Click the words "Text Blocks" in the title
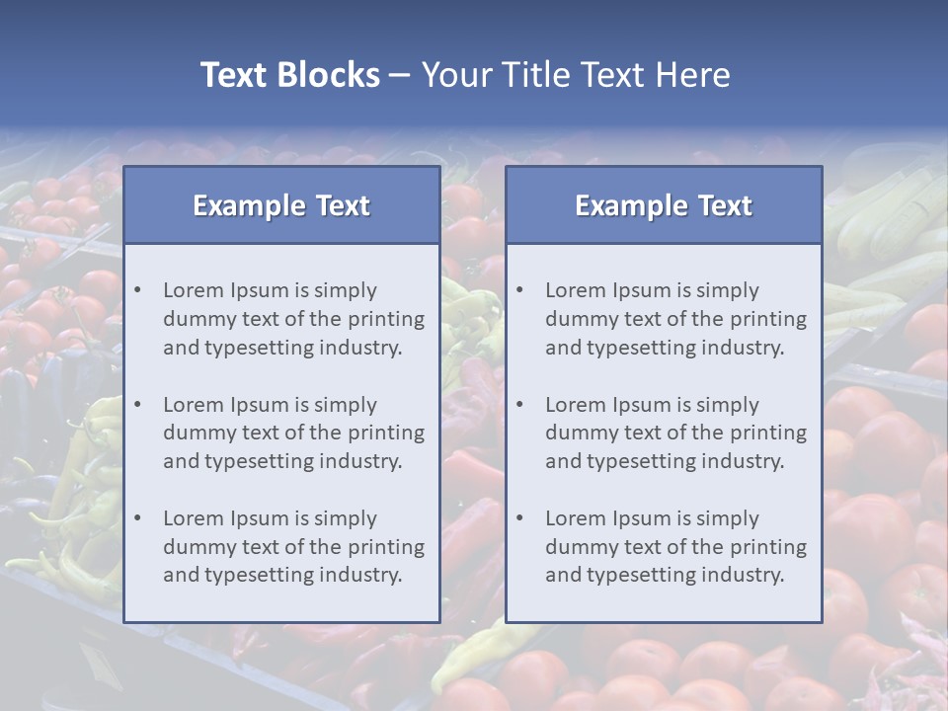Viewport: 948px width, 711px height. (x=289, y=75)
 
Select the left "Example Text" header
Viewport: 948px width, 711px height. (x=281, y=205)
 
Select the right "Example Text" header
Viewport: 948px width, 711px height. (x=664, y=205)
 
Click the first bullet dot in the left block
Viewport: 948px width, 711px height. (x=138, y=290)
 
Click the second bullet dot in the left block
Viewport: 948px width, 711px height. (x=138, y=405)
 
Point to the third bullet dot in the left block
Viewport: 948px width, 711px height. (x=138, y=518)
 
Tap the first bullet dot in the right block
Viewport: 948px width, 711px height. (x=520, y=290)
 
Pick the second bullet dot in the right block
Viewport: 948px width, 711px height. (x=520, y=405)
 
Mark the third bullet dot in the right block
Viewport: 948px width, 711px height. (x=520, y=518)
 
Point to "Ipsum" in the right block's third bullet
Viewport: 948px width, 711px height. (x=641, y=518)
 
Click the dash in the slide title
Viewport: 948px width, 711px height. (x=400, y=76)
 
